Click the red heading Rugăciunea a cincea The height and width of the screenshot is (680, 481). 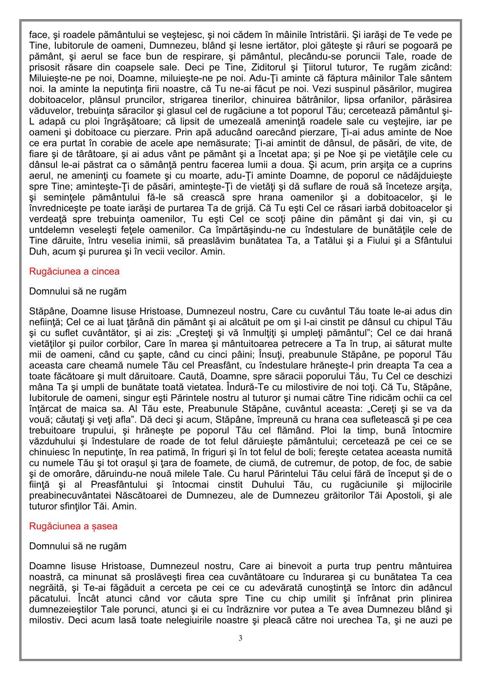74,272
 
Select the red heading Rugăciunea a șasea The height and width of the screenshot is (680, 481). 73,526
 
